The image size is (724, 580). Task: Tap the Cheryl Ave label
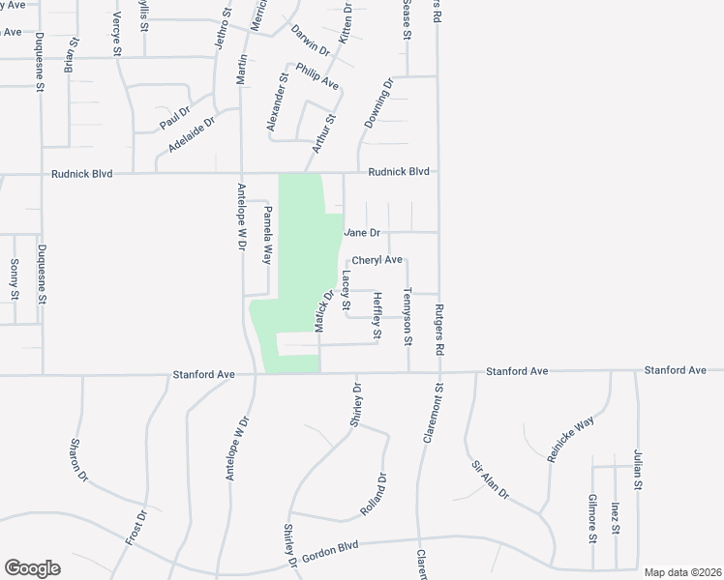coord(377,260)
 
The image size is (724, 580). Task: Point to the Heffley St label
coord(377,317)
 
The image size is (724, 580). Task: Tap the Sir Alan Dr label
coord(491,479)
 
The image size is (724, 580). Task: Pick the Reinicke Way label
coord(570,441)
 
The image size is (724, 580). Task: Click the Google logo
coord(32,568)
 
